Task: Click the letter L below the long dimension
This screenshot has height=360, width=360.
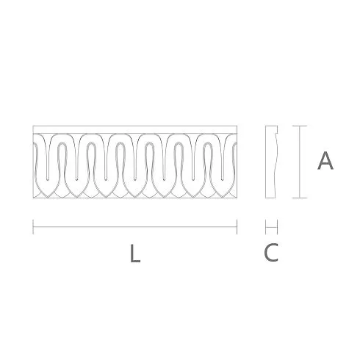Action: click(x=135, y=253)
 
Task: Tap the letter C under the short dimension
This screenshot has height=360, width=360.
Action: click(x=271, y=252)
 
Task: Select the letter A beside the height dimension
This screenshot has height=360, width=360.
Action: click(x=325, y=161)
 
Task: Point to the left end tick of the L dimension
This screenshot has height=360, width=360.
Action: click(x=33, y=227)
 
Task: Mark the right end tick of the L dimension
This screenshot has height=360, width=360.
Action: click(x=237, y=227)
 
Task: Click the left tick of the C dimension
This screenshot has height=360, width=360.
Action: click(x=266, y=227)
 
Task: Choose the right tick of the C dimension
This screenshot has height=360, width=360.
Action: click(x=277, y=227)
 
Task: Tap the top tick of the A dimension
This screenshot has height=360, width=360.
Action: click(x=300, y=126)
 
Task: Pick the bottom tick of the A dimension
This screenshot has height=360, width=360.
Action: click(x=300, y=198)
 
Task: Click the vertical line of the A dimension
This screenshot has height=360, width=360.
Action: click(x=300, y=162)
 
